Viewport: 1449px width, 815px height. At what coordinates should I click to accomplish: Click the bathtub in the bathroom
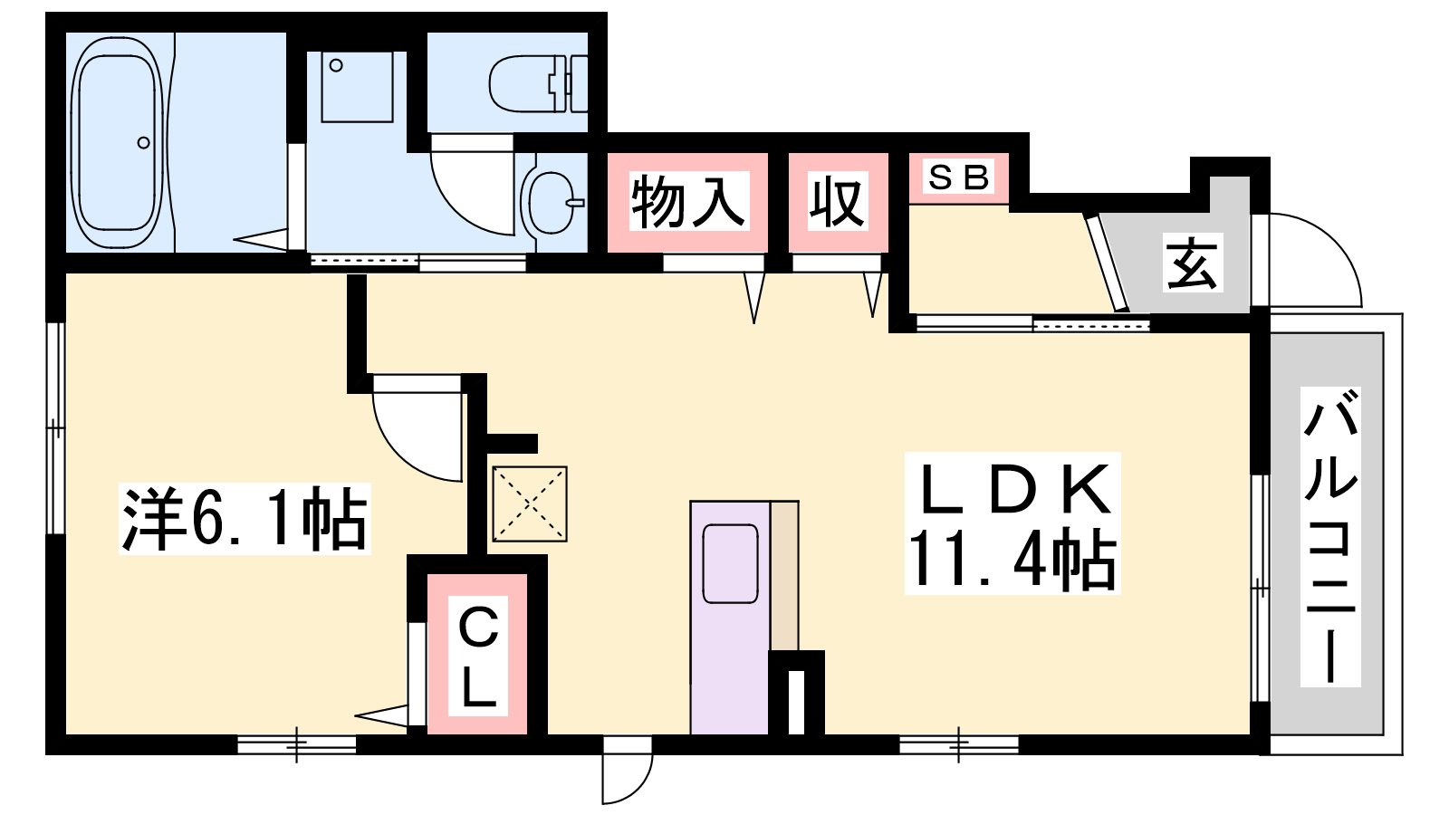click(118, 143)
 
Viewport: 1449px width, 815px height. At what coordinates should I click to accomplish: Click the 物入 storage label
click(688, 202)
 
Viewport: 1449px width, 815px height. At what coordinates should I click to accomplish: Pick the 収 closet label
click(838, 202)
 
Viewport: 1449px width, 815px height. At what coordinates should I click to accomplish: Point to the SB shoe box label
click(958, 177)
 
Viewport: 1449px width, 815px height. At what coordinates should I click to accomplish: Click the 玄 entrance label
click(1192, 263)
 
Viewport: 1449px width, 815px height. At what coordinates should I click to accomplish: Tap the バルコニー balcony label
click(1330, 536)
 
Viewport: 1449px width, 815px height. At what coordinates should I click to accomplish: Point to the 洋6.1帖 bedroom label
click(245, 519)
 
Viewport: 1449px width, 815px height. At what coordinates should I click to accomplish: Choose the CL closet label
click(477, 657)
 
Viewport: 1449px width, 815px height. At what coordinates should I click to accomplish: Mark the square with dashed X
click(529, 504)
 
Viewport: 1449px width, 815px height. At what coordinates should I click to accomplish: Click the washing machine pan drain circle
click(336, 65)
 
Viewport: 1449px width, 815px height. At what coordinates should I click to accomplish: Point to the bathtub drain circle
click(143, 142)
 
